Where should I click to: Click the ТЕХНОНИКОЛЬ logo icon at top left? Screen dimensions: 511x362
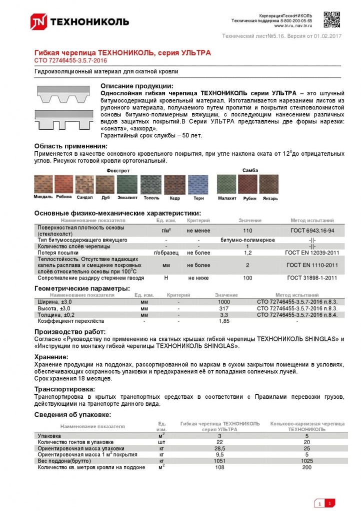pos(39,21)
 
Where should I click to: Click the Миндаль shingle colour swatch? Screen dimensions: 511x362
pos(43,184)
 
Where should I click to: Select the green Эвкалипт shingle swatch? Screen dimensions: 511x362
pos(127,184)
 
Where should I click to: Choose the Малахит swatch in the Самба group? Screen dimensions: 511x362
pos(226,184)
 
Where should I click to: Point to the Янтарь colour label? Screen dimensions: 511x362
pos(270,199)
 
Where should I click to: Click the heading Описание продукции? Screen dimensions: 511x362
pos(137,86)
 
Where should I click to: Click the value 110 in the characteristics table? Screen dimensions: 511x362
pos(247,231)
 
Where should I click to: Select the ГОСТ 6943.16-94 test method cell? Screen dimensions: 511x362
pos(312,231)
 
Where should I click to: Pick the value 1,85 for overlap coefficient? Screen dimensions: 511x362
pos(224,321)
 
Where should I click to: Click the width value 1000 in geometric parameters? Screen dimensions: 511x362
pos(224,302)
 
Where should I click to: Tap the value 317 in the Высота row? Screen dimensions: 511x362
pos(224,308)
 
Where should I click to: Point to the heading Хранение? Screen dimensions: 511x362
pos(51,357)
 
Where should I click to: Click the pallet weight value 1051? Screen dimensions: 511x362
pos(219,461)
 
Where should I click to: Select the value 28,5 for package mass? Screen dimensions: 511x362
pos(219,448)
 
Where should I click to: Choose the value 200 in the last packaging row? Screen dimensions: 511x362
pos(306,467)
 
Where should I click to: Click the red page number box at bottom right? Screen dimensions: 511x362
pos(329,503)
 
